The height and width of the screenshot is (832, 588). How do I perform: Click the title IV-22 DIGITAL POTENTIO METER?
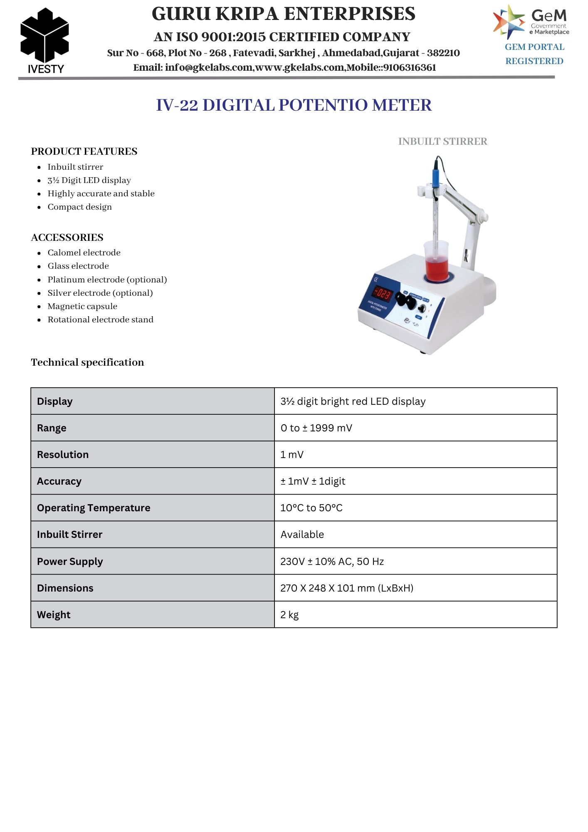(294, 105)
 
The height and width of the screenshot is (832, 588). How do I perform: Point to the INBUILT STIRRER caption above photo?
(442, 141)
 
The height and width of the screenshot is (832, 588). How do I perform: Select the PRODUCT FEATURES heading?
(84, 151)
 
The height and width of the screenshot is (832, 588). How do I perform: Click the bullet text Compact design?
(79, 207)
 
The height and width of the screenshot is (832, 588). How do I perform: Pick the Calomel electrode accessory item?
(84, 253)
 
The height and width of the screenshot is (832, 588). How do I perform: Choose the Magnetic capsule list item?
(82, 306)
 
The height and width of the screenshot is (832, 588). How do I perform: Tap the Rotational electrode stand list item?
(100, 319)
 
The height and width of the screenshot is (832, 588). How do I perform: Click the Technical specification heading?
(87, 362)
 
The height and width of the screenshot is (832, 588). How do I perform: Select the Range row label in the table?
(52, 428)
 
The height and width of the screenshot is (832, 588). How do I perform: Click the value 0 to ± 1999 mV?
(316, 428)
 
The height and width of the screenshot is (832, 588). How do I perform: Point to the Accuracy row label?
(59, 481)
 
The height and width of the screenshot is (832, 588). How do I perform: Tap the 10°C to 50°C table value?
(311, 508)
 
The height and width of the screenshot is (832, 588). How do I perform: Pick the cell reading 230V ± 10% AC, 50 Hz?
(332, 562)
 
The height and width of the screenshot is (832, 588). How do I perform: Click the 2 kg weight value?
(289, 615)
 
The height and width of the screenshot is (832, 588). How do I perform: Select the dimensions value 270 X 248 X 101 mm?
(346, 588)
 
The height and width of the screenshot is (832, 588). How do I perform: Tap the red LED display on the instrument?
(382, 294)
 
